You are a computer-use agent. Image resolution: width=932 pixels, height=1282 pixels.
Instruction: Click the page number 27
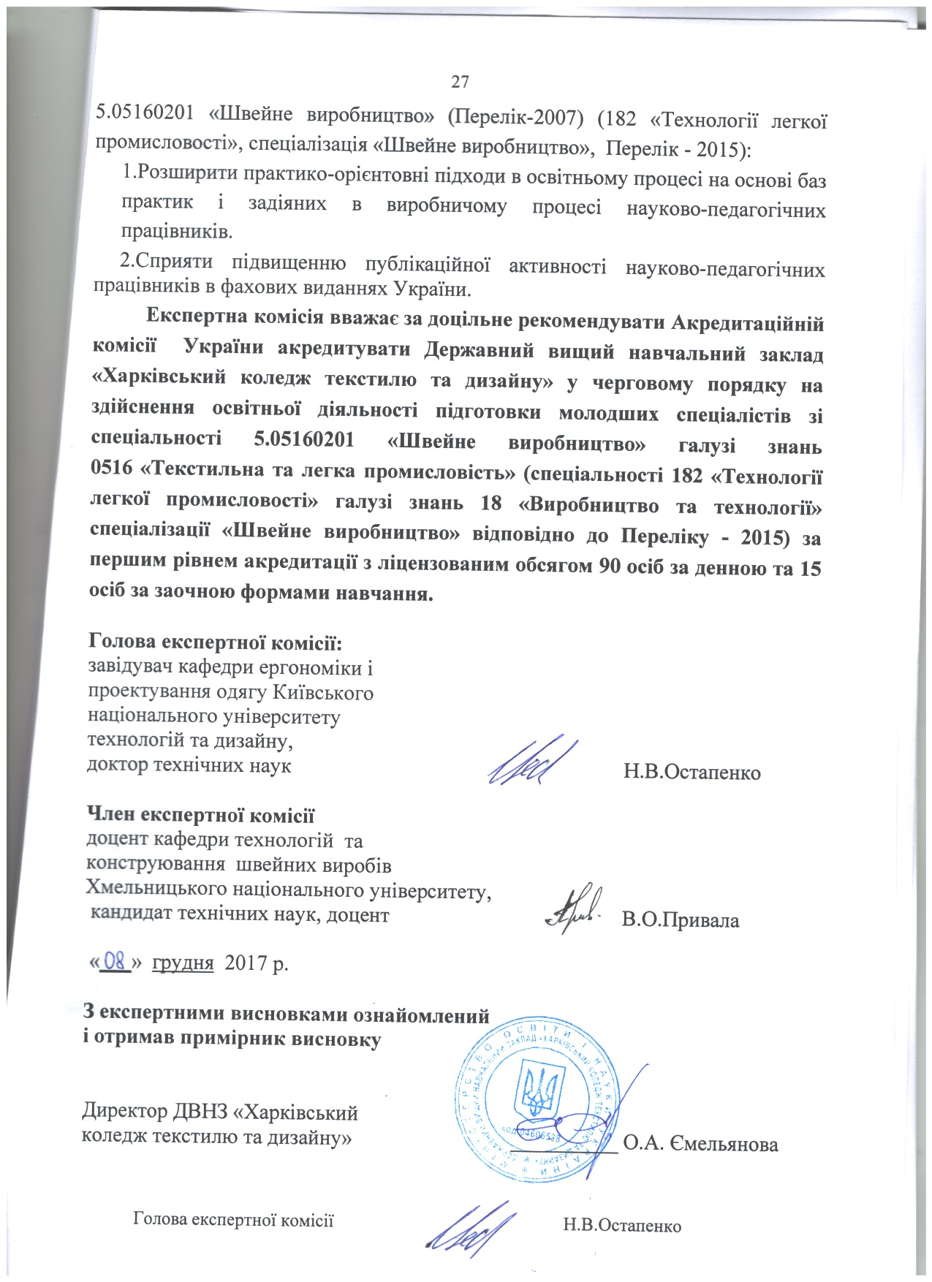459,82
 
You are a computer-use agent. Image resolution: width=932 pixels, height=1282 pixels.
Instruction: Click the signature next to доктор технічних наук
532,761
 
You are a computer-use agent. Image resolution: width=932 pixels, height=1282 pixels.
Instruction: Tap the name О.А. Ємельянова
701,1144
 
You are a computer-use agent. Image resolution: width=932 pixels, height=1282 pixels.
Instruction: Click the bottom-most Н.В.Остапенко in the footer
622,1225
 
